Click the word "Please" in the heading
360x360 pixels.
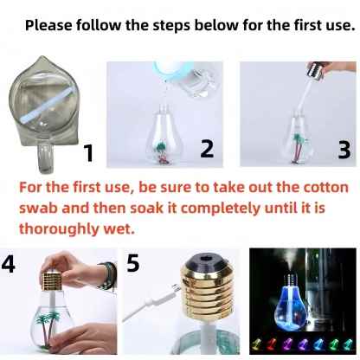coord(48,25)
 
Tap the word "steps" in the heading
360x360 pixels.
coord(171,26)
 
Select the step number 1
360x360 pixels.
coord(88,153)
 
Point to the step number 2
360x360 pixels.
coord(208,149)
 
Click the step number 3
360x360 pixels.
coord(344,150)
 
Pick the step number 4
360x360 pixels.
coord(8,263)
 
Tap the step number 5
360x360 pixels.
coord(133,263)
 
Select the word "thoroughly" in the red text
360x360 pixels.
coord(60,229)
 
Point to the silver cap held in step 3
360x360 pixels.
coord(315,71)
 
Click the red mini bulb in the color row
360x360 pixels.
coord(272,344)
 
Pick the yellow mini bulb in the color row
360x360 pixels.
coord(256,344)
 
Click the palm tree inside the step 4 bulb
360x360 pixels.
coord(48,328)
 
